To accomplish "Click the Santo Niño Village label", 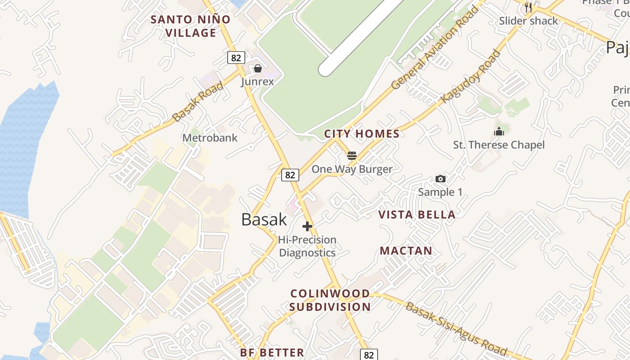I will [190, 26].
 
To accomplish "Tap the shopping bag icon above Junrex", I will [258, 69].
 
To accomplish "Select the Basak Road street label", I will [198, 101].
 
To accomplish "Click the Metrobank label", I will [210, 138].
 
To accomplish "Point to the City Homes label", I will [362, 134].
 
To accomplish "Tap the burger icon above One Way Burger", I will [352, 156].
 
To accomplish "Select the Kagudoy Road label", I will [471, 76].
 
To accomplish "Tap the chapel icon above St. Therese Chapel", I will [499, 132].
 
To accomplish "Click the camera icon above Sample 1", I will [441, 179].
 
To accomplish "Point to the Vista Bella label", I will [417, 215].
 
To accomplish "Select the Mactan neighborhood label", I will [406, 251].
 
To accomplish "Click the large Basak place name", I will [264, 219].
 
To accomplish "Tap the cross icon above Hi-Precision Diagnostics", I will [307, 226].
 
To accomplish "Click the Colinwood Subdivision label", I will [330, 300].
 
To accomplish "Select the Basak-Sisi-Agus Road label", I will [456, 329].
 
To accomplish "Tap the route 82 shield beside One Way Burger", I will [290, 175].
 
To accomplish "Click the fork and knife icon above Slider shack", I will [528, 7].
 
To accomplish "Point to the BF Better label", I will [272, 352].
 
